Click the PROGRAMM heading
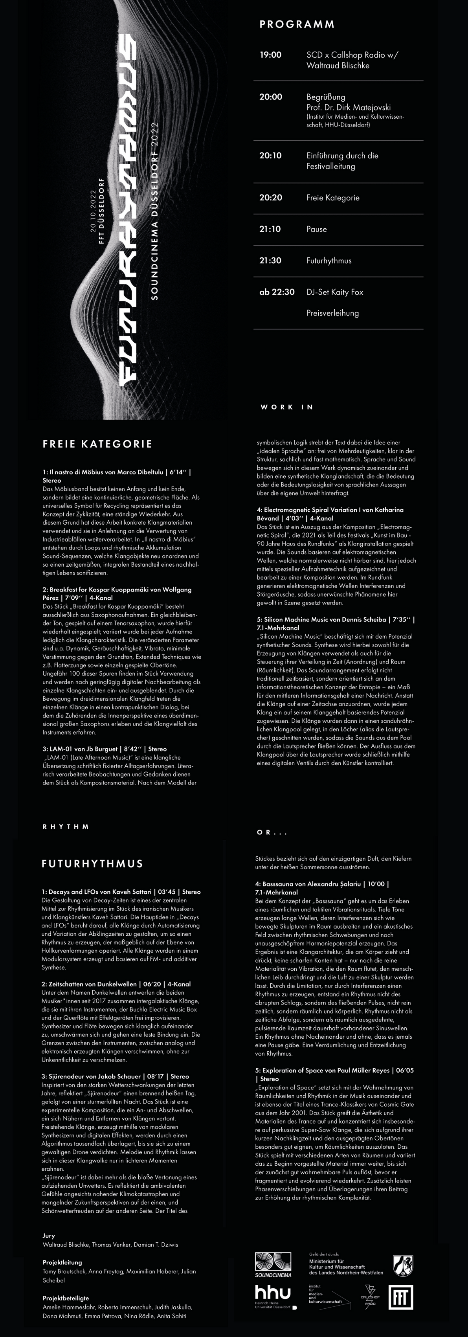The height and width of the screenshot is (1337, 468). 297,24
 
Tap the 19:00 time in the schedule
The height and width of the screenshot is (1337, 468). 270,55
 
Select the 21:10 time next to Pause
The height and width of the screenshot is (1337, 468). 270,229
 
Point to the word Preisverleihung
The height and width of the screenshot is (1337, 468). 332,313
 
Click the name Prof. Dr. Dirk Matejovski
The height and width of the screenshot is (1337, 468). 348,107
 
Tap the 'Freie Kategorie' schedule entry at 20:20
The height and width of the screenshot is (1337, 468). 332,198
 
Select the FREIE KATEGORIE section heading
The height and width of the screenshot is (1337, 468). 97,444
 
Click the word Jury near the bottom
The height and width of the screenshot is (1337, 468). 49,1236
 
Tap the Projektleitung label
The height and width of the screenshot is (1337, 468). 62,1262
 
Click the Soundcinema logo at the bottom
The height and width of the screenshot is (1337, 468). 273,1264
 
